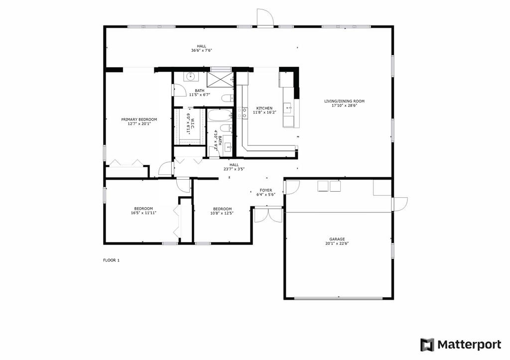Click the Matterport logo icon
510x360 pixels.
pyautogui.click(x=427, y=345)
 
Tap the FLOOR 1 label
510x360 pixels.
pyautogui.click(x=111, y=260)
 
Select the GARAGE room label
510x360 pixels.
pyautogui.click(x=337, y=239)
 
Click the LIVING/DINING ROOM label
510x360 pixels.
pyautogui.click(x=344, y=101)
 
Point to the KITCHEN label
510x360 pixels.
pyautogui.click(x=264, y=108)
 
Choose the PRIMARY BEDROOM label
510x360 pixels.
pyautogui.click(x=139, y=120)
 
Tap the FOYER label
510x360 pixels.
pyautogui.click(x=266, y=190)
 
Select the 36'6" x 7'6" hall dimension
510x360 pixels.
pyautogui.click(x=202, y=50)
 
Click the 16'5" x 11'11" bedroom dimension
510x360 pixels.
pyautogui.click(x=143, y=213)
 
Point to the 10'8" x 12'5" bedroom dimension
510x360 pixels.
pyautogui.click(x=223, y=213)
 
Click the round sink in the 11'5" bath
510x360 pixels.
pyautogui.click(x=190, y=77)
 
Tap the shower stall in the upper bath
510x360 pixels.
pyautogui.click(x=220, y=79)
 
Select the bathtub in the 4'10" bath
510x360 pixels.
pyautogui.click(x=220, y=115)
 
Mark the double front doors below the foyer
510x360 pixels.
pyautogui.click(x=268, y=214)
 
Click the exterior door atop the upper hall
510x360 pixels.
pyautogui.click(x=265, y=17)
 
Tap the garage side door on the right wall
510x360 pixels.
pyautogui.click(x=399, y=204)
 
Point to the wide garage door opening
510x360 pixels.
pyautogui.click(x=338, y=298)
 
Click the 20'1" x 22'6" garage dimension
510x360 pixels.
pyautogui.click(x=337, y=243)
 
